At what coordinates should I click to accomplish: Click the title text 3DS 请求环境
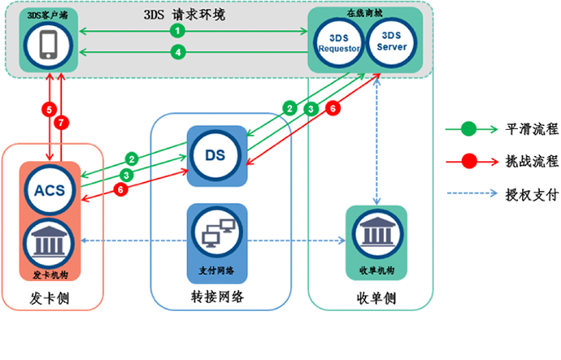[189, 14]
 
